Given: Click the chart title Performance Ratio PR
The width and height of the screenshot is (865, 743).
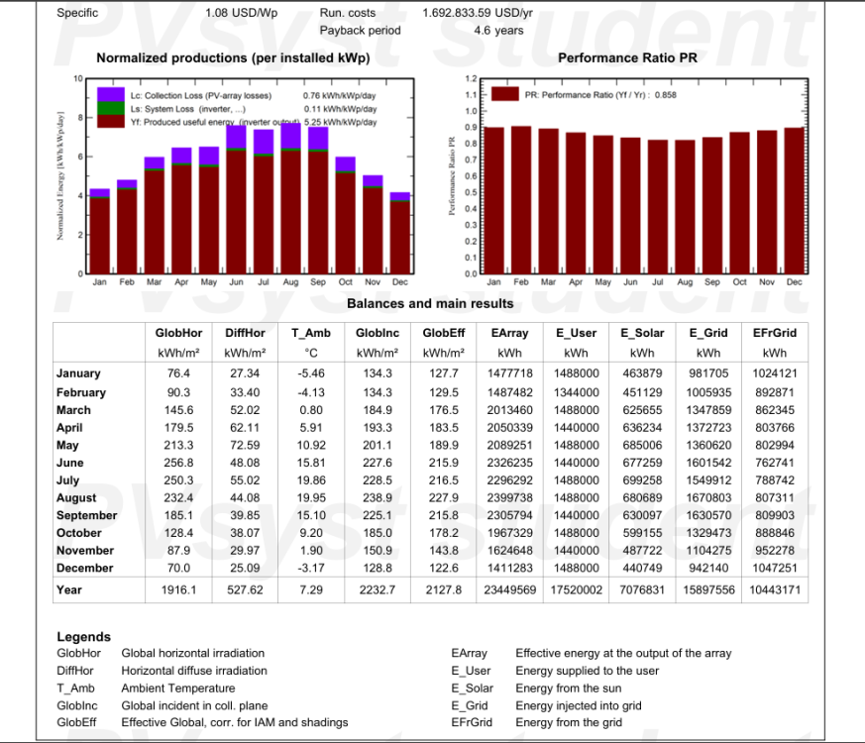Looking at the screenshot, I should [x=627, y=58].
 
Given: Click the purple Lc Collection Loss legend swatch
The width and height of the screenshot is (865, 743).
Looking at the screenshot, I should [x=109, y=95].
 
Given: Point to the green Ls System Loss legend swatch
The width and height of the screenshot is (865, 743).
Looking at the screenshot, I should [x=109, y=108].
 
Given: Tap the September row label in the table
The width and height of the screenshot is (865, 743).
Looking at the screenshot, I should [x=86, y=515].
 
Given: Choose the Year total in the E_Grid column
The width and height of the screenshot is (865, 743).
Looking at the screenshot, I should [x=707, y=589].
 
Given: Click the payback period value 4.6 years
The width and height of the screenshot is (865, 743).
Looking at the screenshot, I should [x=498, y=31].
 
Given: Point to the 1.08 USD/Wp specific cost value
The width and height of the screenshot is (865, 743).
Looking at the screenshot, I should [x=242, y=14].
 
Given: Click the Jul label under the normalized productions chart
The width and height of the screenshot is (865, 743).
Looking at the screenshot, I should [x=263, y=282].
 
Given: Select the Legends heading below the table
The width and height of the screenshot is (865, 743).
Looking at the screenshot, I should [x=84, y=637].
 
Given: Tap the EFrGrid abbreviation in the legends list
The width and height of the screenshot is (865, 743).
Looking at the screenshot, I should [x=472, y=722].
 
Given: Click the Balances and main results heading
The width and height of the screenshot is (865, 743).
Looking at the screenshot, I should [x=430, y=303].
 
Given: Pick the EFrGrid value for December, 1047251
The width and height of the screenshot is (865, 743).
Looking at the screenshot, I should [x=775, y=568].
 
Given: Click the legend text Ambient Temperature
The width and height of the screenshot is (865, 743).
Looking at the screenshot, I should [x=178, y=688].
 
